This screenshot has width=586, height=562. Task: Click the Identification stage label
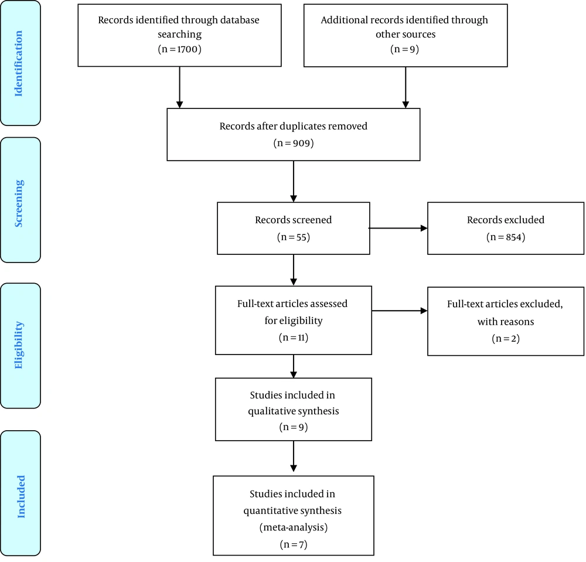pos(19,63)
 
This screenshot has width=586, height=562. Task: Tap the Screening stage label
pos(19,203)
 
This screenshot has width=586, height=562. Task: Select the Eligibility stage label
pos(19,345)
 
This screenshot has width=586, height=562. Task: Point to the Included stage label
pos(21,496)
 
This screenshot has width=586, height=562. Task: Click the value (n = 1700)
pos(179,49)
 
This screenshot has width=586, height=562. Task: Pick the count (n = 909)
pos(294,143)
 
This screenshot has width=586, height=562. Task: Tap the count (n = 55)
pos(294,237)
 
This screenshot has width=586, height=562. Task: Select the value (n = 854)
pos(506,237)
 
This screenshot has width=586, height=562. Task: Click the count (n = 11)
pos(294,338)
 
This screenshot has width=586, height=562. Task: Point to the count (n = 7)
pos(294,544)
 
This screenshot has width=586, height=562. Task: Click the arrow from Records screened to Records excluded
pos(398,228)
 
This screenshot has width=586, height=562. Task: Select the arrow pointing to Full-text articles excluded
pos(400,311)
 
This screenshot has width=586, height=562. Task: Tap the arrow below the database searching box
pos(179,87)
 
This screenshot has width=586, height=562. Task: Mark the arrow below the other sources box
pos(406,87)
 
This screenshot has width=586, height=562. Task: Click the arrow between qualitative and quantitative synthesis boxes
pos(294,457)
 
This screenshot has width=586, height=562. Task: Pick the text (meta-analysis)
pos(294,527)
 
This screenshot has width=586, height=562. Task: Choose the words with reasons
pos(506,321)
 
